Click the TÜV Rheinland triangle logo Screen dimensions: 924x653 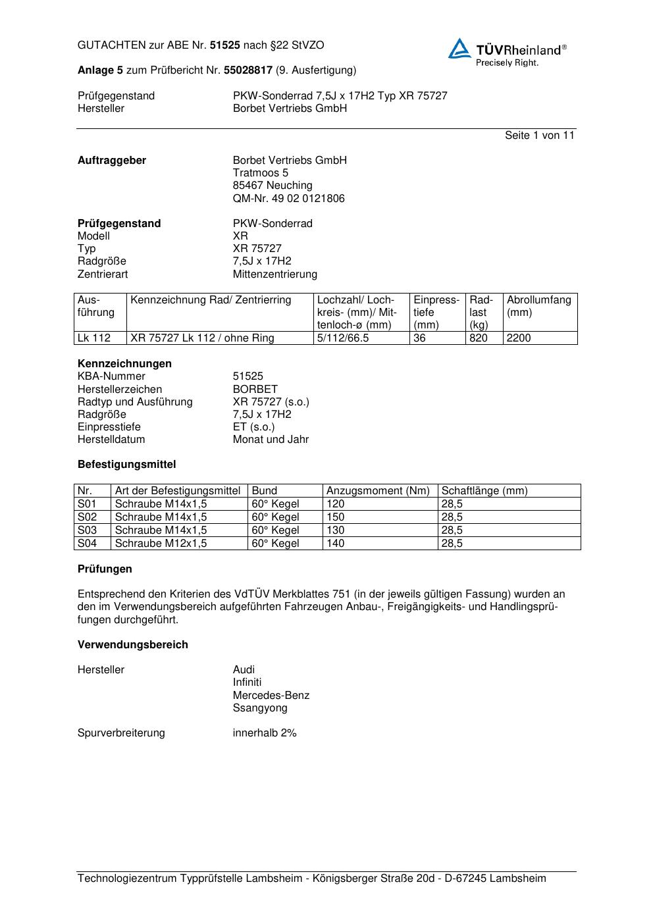[x=459, y=49]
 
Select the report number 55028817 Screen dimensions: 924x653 [x=248, y=70]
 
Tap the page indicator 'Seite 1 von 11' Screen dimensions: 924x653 [x=539, y=136]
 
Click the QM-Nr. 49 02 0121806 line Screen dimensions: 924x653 [x=288, y=199]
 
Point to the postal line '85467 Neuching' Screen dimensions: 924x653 [x=273, y=186]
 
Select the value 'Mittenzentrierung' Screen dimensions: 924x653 [x=274, y=274]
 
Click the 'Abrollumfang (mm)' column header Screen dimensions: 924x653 [x=538, y=306]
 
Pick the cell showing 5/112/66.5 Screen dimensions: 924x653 [x=343, y=338]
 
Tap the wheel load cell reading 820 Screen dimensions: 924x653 [x=479, y=338]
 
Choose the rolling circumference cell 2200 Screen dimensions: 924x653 [x=519, y=338]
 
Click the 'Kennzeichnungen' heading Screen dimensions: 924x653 [x=124, y=364]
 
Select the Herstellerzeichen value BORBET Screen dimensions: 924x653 [x=255, y=390]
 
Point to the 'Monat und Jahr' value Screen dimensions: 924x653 [x=271, y=440]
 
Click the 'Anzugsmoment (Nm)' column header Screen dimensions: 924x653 [x=378, y=491]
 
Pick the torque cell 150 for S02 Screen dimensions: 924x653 [x=335, y=517]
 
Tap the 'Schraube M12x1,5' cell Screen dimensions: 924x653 [x=161, y=544]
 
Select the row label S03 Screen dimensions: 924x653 [x=87, y=530]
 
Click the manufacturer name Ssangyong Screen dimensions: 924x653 [x=260, y=708]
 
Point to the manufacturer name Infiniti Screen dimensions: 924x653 [x=247, y=682]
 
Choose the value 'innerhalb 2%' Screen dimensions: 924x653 [x=265, y=733]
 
